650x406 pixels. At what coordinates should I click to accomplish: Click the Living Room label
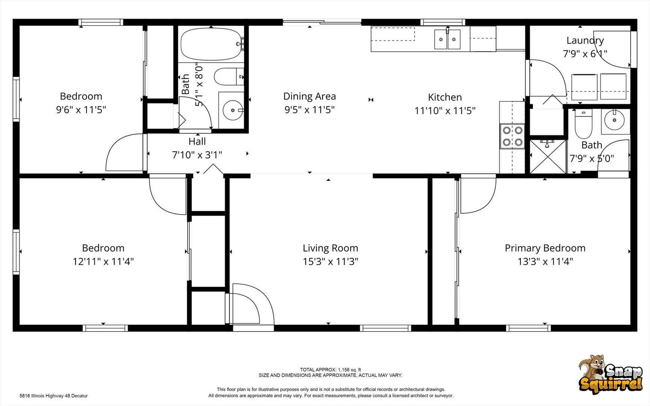330,248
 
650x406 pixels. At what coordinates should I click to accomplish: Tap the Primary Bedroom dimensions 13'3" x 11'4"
545,261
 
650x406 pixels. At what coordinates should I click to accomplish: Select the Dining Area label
309,96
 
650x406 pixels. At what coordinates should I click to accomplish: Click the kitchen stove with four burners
512,136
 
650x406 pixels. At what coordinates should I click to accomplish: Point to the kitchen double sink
447,39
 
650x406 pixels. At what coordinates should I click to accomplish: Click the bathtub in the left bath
212,44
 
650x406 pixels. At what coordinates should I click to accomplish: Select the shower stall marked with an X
548,156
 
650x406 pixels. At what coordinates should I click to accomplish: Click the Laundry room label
585,40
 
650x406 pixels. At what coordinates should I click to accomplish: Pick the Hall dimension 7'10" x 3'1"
197,155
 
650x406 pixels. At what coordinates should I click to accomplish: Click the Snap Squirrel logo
611,374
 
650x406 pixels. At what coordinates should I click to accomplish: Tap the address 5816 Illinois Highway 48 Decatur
54,396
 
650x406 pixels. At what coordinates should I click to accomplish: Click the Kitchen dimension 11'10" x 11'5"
445,111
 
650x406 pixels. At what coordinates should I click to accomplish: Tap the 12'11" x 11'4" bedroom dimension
103,261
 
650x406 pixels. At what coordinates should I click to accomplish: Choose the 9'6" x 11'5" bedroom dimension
81,110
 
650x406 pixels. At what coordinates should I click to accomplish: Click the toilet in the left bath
229,77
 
